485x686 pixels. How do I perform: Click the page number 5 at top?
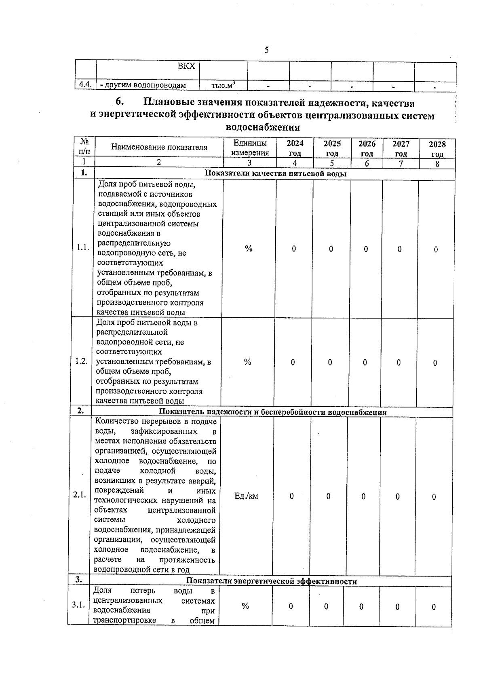tap(266, 50)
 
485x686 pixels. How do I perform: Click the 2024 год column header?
tap(295, 148)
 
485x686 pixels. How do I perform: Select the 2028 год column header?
tap(437, 149)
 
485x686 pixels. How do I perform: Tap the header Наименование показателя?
tap(159, 147)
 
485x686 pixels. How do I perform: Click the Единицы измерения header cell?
tap(250, 148)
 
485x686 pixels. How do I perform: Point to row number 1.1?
tap(83, 248)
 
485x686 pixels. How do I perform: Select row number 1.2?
tap(82, 361)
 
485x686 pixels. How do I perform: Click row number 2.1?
tap(80, 495)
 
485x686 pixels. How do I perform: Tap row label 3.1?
tap(78, 605)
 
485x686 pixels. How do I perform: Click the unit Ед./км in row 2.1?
tap(246, 496)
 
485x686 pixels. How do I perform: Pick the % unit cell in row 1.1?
tap(249, 249)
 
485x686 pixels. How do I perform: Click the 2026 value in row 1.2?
tap(365, 363)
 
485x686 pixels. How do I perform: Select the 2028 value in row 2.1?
tap(434, 497)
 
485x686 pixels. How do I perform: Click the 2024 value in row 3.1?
tap(290, 606)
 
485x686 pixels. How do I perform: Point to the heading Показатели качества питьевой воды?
tap(276, 174)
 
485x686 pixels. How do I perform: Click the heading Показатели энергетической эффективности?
tap(271, 581)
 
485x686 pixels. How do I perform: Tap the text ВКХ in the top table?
tap(186, 66)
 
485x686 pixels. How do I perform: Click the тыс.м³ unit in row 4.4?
tap(223, 85)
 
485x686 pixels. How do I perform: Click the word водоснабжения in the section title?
tap(263, 127)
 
